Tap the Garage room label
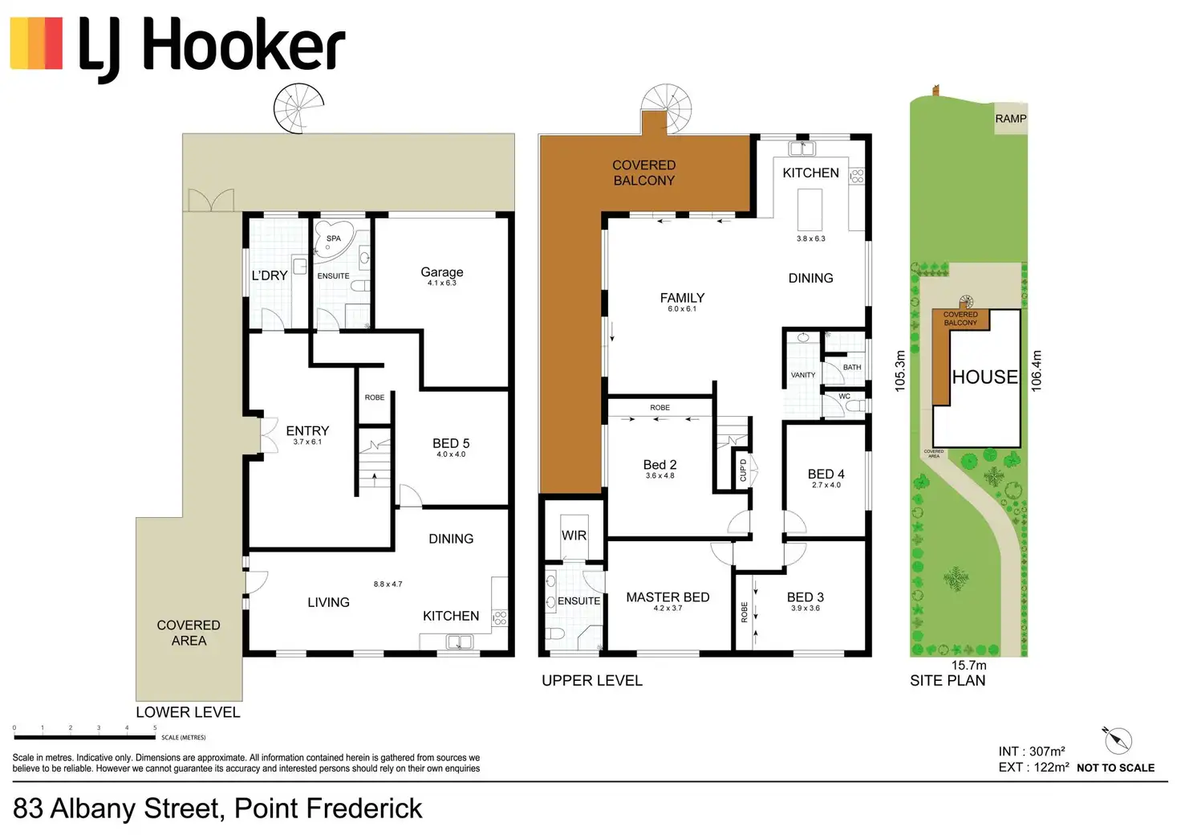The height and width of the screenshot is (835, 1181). click(442, 273)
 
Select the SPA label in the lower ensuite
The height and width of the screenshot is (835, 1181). click(334, 238)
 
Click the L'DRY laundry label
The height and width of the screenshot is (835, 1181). click(270, 275)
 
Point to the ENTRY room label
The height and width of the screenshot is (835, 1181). click(307, 431)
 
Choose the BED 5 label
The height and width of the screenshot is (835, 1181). click(451, 444)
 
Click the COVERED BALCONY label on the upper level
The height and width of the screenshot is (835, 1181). click(644, 173)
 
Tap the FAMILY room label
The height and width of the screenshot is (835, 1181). click(682, 298)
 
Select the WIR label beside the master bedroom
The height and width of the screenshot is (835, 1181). click(574, 536)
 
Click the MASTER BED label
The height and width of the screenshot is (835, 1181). click(668, 597)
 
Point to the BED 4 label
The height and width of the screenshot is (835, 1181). click(826, 475)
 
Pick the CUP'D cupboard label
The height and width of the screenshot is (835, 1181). click(743, 470)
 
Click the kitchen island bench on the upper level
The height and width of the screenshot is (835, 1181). click(810, 209)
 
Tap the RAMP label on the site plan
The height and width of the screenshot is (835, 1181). click(1011, 119)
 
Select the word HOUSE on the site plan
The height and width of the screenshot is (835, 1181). click(984, 377)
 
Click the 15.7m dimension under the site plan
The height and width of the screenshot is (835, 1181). click(969, 665)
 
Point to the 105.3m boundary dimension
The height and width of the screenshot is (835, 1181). click(900, 370)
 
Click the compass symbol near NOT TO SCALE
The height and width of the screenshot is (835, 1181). click(1117, 739)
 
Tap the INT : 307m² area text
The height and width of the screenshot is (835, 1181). click(1032, 751)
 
